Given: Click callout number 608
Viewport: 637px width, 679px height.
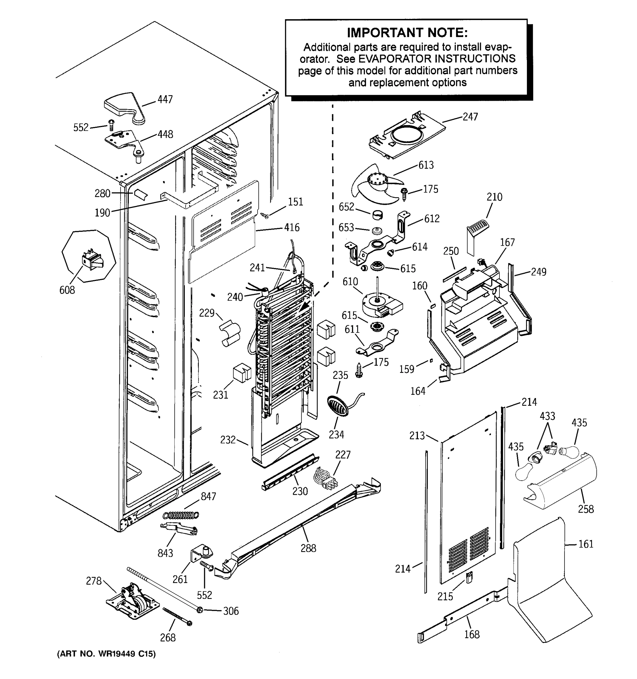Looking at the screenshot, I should (x=67, y=290).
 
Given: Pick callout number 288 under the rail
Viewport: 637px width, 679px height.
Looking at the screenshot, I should (x=308, y=548).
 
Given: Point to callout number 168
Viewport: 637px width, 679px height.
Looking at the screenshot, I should (x=472, y=634).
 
